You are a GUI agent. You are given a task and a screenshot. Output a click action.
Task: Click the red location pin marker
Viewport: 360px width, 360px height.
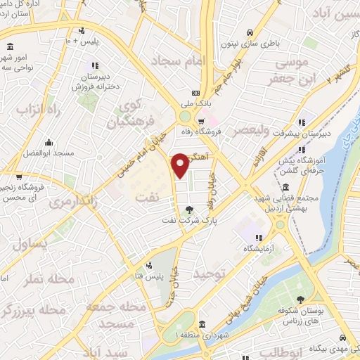point(181,164)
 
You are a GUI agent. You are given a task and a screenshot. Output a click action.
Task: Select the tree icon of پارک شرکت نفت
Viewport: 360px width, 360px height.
point(188,209)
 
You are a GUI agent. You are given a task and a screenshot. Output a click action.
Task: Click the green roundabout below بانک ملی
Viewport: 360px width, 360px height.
point(185,117)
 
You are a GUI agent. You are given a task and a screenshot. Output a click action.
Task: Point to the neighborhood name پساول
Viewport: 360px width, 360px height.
point(30,244)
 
